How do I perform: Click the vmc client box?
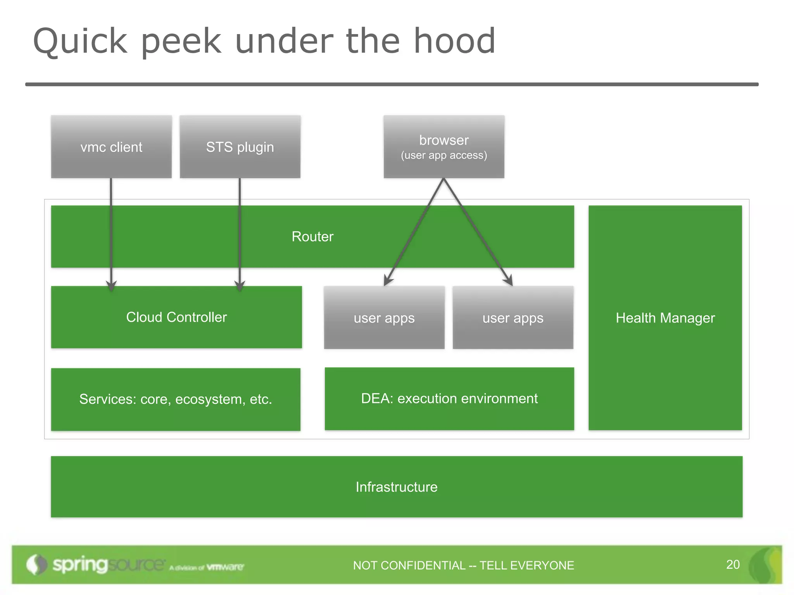click(111, 147)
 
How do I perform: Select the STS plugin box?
click(240, 147)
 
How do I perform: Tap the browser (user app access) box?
click(444, 147)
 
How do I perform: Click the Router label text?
click(312, 237)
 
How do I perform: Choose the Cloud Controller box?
click(176, 317)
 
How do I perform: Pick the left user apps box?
click(384, 318)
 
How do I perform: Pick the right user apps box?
click(513, 318)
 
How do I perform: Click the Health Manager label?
click(665, 318)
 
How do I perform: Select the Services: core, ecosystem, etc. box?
click(176, 399)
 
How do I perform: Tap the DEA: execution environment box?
click(449, 399)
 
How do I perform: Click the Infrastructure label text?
click(397, 487)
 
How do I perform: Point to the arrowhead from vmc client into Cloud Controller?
click(111, 286)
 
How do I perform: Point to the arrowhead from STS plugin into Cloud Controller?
click(240, 286)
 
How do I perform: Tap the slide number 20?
click(733, 564)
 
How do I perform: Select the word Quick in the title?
click(80, 41)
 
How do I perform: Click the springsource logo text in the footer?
click(109, 564)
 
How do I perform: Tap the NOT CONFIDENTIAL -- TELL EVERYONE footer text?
click(463, 566)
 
